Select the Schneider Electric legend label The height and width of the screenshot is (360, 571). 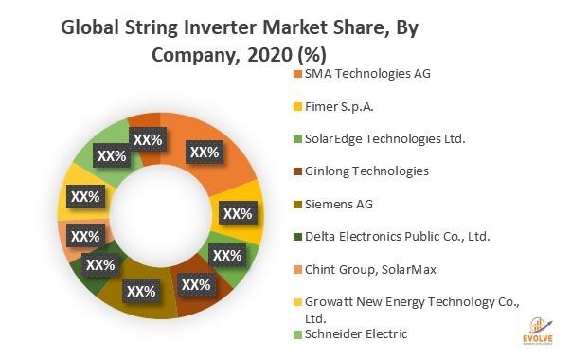pyautogui.click(x=356, y=334)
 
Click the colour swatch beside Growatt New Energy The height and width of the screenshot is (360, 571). pyautogui.click(x=298, y=302)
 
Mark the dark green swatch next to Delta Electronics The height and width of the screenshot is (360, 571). pyautogui.click(x=298, y=237)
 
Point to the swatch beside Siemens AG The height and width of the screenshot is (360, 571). pyautogui.click(x=298, y=205)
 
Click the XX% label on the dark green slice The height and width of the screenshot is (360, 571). pyautogui.click(x=100, y=265)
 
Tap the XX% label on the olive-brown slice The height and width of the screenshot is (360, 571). pyautogui.click(x=141, y=291)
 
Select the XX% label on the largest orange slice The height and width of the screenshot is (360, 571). pyautogui.click(x=205, y=152)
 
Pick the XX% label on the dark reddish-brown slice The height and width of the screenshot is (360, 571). pyautogui.click(x=196, y=284)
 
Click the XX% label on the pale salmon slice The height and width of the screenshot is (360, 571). pyautogui.click(x=85, y=236)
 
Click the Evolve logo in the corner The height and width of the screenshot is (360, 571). pyautogui.click(x=538, y=332)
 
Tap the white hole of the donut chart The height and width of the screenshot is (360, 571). pyautogui.click(x=161, y=216)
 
